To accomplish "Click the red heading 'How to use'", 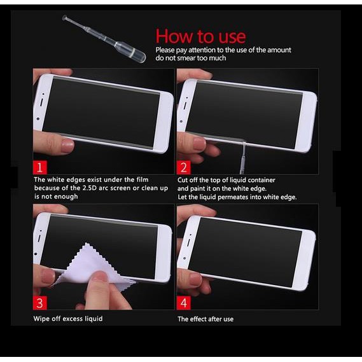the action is [200, 36].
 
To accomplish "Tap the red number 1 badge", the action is [40, 167].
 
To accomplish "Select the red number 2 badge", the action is [184, 167].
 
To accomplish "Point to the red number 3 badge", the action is [40, 303].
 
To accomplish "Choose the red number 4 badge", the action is [184, 303].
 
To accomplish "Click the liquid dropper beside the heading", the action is [104, 39].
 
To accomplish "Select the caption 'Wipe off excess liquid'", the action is [68, 319].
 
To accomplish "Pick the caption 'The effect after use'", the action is [205, 319].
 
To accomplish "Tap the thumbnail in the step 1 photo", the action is [67, 145].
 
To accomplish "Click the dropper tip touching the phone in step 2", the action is [244, 143].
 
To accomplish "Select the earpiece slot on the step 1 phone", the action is [41, 102].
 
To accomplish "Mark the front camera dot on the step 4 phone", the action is [184, 258].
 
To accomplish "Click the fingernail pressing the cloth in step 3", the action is [101, 276].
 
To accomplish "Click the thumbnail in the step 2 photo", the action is [200, 144].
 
